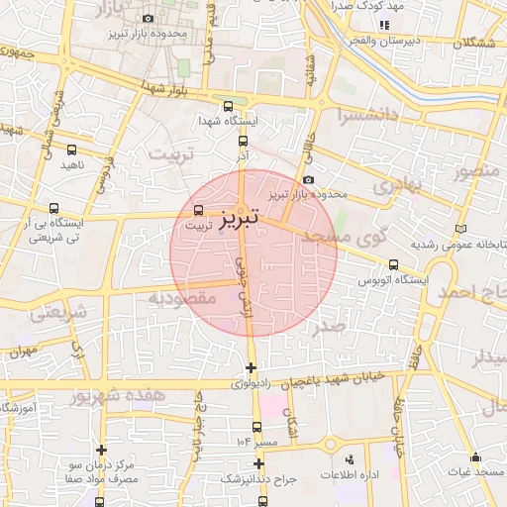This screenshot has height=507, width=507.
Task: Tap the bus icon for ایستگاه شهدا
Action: point(229,107)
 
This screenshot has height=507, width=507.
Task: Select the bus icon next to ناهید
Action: point(71,150)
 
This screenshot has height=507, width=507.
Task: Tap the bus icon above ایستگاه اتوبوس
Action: point(394,264)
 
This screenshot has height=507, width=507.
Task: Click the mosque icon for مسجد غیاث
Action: point(475,457)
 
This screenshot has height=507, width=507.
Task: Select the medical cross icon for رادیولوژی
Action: point(251,368)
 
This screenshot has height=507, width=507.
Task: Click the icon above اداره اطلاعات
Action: point(349,459)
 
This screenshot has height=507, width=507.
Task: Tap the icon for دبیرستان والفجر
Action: point(384,24)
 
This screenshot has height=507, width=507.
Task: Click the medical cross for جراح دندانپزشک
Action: point(257,462)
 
